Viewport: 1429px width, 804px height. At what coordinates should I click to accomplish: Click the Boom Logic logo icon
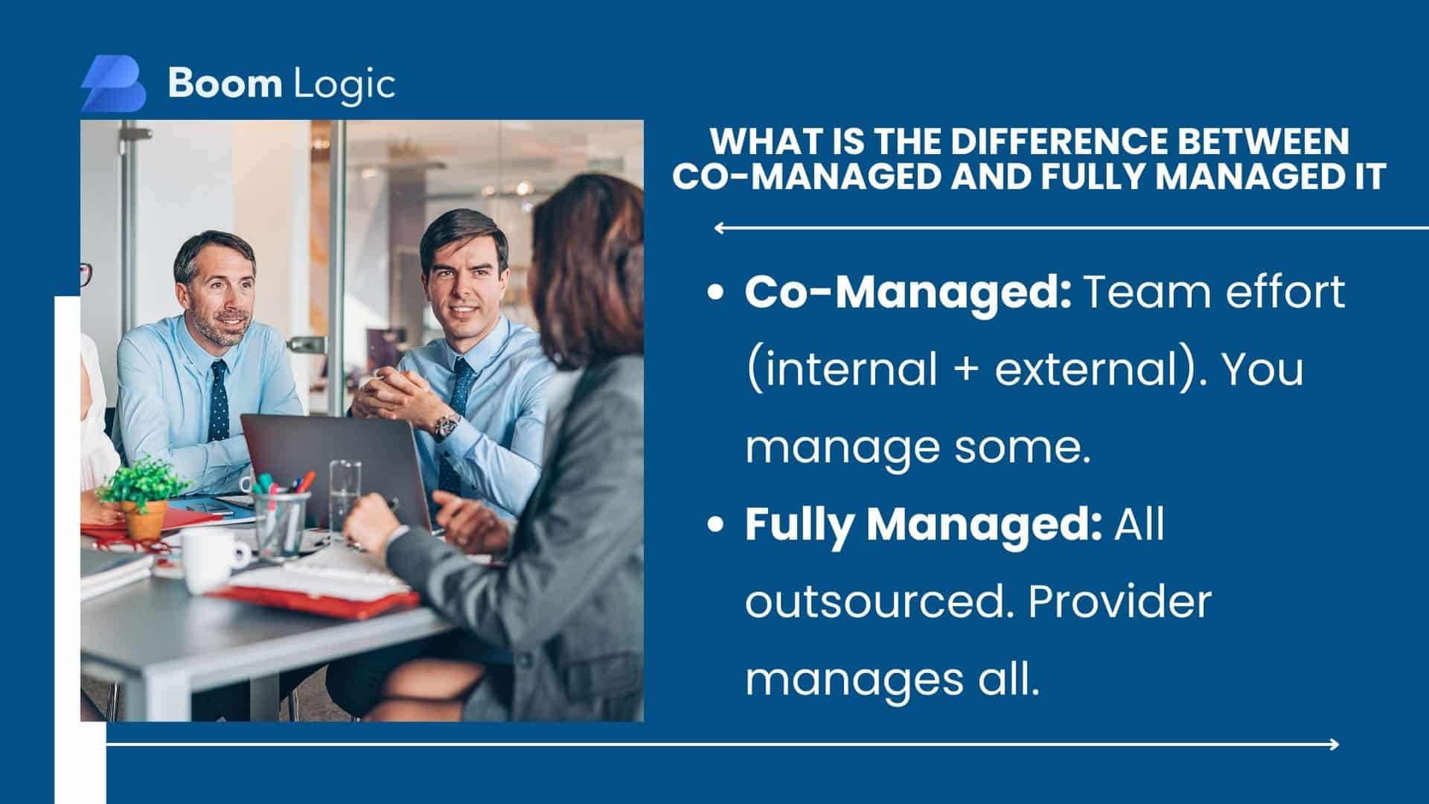point(113,83)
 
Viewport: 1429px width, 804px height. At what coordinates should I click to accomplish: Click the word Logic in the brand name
point(344,84)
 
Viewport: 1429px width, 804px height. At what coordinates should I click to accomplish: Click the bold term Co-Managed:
point(908,293)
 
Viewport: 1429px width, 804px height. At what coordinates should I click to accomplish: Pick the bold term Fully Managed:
point(924,524)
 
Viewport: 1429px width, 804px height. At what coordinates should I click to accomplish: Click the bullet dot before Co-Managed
point(715,293)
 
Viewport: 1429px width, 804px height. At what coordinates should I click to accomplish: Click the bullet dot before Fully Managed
point(715,525)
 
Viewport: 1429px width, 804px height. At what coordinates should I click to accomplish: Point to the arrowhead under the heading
point(719,228)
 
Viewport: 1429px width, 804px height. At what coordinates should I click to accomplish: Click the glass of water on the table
point(345,497)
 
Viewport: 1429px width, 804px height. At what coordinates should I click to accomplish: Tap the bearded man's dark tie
point(219,400)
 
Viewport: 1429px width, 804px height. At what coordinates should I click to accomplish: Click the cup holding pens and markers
point(281,521)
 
